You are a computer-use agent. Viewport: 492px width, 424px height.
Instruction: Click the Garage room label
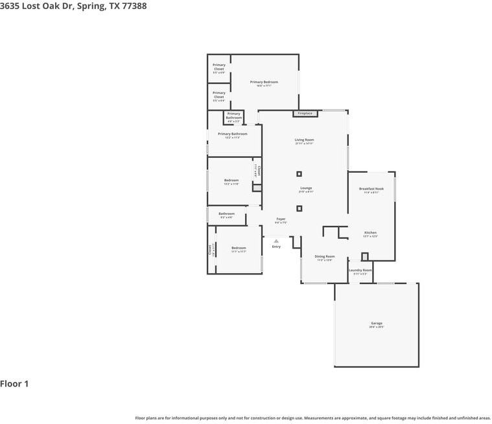click(377, 323)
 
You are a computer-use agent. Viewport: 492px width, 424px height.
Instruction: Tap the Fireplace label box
click(305, 113)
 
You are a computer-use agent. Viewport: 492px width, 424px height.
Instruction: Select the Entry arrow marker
click(276, 241)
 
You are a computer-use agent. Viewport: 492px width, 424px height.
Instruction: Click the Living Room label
click(304, 140)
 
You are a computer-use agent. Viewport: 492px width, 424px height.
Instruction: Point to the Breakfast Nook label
click(371, 189)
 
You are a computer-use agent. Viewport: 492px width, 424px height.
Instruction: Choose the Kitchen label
click(370, 232)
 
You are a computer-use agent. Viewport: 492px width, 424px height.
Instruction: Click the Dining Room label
click(325, 256)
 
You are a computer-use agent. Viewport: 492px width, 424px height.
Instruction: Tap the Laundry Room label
click(360, 270)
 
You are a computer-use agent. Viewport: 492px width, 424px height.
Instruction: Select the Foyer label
click(281, 219)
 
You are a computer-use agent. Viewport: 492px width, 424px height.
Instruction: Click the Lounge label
click(306, 188)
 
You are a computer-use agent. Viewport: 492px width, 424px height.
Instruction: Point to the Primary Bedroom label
click(264, 82)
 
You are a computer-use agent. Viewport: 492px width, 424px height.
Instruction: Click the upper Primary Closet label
click(219, 67)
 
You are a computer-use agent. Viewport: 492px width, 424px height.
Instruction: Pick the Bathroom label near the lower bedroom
click(226, 214)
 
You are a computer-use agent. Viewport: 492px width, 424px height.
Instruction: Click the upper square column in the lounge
click(299, 173)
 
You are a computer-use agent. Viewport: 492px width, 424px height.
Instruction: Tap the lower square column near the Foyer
click(299, 208)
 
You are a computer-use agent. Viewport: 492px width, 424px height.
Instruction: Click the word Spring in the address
click(91, 6)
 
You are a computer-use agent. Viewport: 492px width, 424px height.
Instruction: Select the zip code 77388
click(134, 6)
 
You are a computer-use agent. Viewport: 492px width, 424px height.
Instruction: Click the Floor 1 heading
click(14, 384)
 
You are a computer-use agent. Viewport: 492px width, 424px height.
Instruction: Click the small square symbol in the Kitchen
click(364, 256)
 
